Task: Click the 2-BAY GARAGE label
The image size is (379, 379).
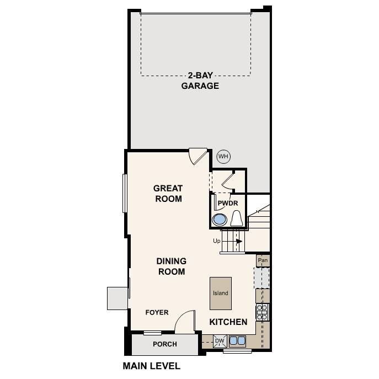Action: coord(200,81)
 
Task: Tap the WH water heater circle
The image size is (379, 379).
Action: coord(223,157)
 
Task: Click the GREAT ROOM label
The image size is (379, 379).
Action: coord(168,194)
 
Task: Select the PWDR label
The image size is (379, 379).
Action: coord(227,204)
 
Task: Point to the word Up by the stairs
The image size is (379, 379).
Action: coord(217,241)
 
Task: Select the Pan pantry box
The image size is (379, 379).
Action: coord(263,259)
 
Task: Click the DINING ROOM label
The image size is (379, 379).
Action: coord(171,266)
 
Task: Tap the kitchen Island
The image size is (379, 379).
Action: coord(221,293)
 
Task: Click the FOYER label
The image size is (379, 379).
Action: coord(157,313)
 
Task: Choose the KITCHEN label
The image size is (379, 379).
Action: coord(228,322)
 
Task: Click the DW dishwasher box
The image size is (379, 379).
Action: coord(220,341)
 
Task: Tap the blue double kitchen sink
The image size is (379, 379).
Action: coord(238,340)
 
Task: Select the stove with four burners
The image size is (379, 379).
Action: coord(263,312)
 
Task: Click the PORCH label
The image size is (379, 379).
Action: coord(165,344)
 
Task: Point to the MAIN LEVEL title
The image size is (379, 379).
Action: coord(151,366)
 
